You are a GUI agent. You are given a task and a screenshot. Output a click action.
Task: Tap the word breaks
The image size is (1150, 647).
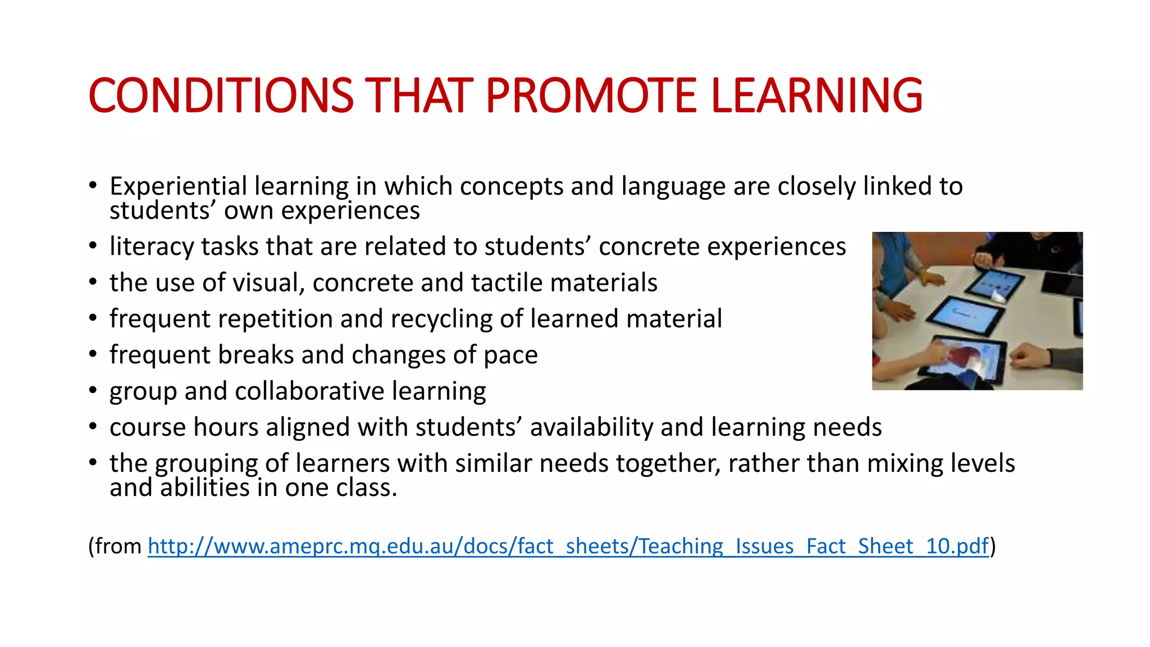pyautogui.click(x=255, y=355)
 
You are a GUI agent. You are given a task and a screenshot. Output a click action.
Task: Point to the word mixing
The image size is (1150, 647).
pyautogui.click(x=905, y=463)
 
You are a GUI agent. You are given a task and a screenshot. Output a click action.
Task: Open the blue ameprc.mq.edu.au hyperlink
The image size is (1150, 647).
pyautogui.click(x=568, y=546)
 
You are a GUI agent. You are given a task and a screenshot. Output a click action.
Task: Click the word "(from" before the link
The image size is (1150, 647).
pyautogui.click(x=115, y=546)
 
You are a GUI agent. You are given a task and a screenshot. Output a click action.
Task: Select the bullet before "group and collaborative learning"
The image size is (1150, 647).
pyautogui.click(x=93, y=390)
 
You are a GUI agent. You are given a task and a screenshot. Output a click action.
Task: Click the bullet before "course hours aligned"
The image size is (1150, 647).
pyautogui.click(x=93, y=426)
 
